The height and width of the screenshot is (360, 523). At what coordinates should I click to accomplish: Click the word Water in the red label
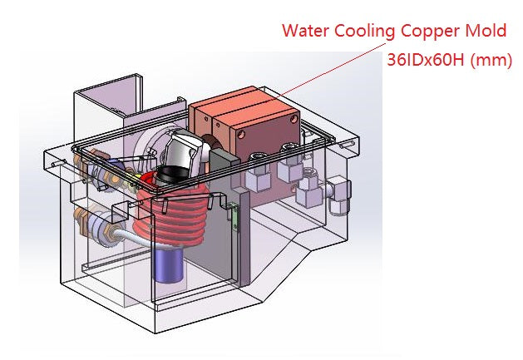coord(304,32)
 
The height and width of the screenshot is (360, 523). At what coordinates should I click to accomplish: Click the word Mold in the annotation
coord(486,32)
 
